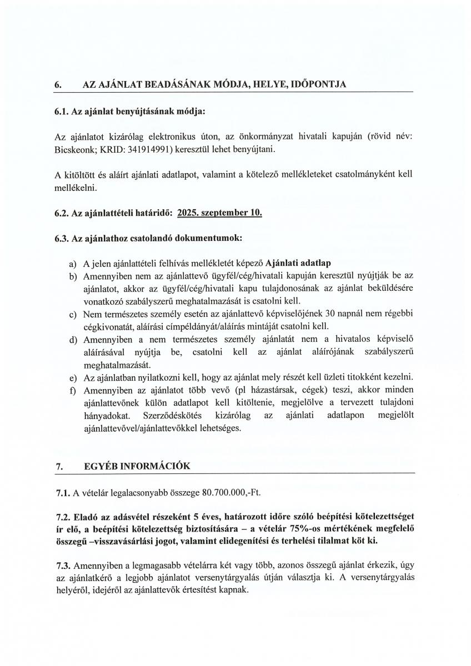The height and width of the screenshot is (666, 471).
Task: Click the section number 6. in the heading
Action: point(58,84)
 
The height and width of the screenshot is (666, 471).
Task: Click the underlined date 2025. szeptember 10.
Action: point(219,213)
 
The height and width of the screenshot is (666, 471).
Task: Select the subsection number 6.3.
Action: point(62,238)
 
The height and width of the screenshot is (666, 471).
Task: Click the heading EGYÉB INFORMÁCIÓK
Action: point(137,466)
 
